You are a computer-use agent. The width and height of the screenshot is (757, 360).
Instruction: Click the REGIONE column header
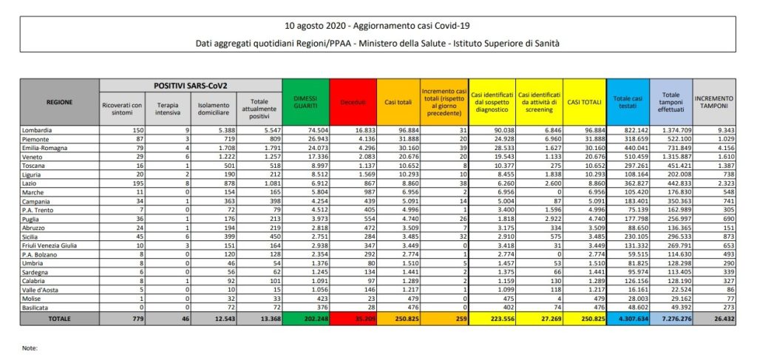pos(59,101)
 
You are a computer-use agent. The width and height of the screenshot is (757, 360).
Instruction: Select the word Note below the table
pos(30,347)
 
